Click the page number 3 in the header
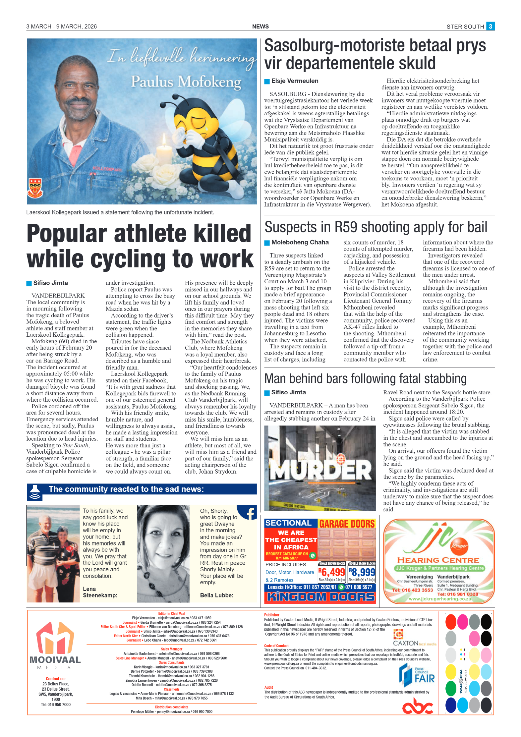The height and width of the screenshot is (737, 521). (x=490, y=26)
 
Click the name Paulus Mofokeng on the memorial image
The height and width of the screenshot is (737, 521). (x=186, y=82)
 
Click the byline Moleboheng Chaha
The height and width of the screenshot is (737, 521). (x=300, y=242)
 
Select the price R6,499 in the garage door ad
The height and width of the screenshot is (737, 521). (x=332, y=572)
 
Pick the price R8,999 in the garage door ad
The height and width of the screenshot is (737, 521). (x=362, y=572)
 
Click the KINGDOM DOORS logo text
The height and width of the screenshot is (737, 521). (x=320, y=597)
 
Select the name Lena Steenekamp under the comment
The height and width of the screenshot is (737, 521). (x=100, y=592)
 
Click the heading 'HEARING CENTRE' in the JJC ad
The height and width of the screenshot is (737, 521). (x=438, y=560)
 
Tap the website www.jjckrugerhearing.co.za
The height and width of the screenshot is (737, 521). (x=439, y=599)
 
